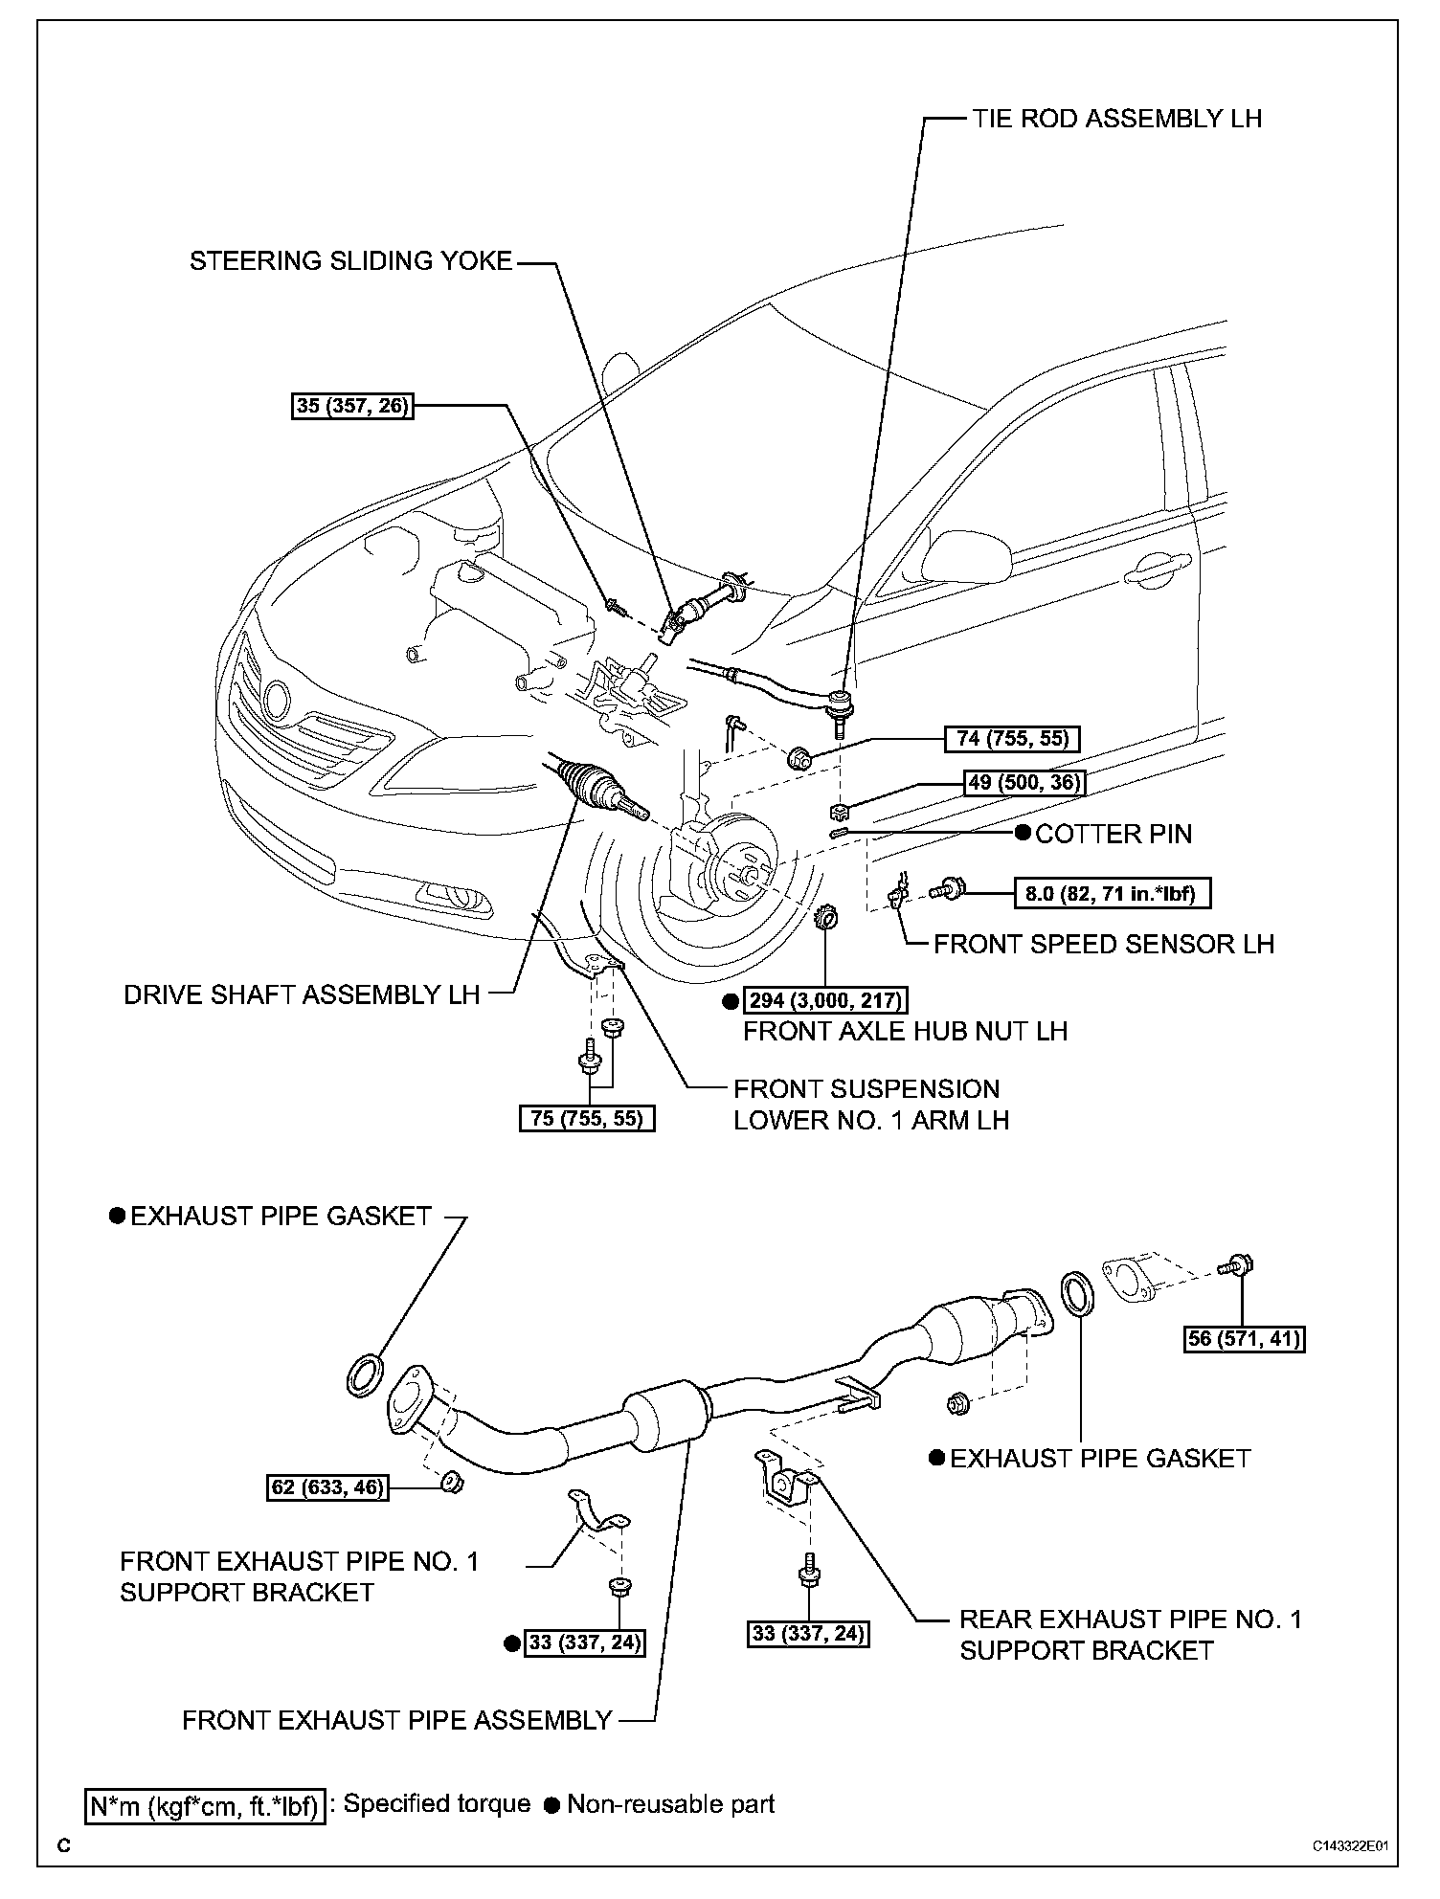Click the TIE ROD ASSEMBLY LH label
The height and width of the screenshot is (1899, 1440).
pos(1116,118)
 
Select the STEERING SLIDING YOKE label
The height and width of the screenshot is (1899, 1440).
pos(350,261)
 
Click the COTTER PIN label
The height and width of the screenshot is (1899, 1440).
pos(1114,834)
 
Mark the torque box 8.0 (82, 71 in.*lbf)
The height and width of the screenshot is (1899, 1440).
pos(1112,894)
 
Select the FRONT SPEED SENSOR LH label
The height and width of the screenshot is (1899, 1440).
pos(1103,945)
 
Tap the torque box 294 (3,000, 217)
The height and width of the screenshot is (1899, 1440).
pos(825,1001)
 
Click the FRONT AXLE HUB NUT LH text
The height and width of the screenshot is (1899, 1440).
pos(905,1031)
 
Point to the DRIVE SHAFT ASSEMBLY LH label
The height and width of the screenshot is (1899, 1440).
pos(302,994)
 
